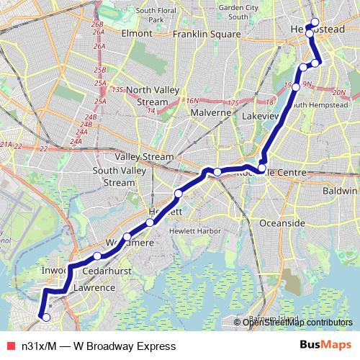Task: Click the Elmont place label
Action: click(x=137, y=33)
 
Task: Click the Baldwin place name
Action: click(x=341, y=192)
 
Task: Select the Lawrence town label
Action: click(x=94, y=288)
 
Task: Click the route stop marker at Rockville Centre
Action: click(x=261, y=168)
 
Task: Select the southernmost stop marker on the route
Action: click(x=46, y=317)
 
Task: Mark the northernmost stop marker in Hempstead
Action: click(x=315, y=22)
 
